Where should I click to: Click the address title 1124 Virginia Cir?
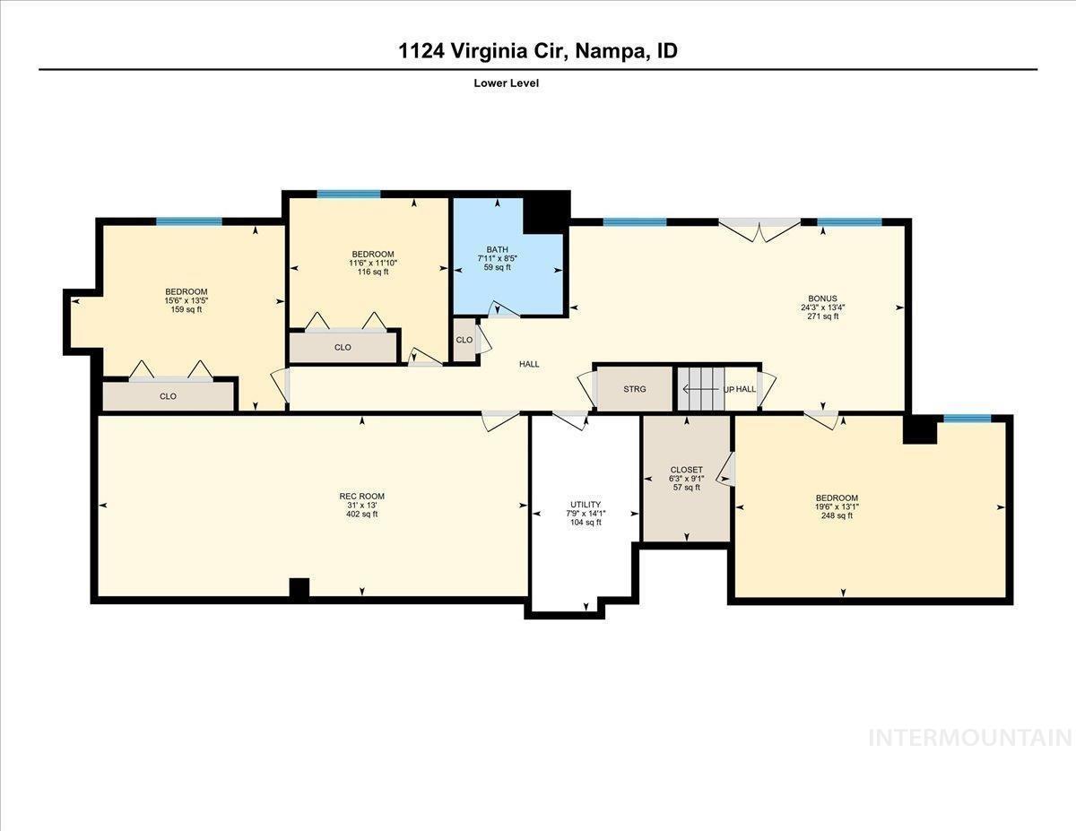[538, 51]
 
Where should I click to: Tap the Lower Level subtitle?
[506, 83]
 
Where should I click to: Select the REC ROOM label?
[361, 497]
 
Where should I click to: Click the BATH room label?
[497, 249]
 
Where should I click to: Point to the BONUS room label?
[821, 299]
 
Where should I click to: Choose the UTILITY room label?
[586, 505]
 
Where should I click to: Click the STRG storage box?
[635, 389]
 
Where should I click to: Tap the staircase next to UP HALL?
[699, 389]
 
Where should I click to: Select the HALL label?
[529, 364]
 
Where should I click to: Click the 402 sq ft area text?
[361, 515]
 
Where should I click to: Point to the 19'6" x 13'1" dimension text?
[836, 506]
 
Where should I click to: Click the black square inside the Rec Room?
[299, 588]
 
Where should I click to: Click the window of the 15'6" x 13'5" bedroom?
[189, 221]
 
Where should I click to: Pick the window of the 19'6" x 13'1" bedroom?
[967, 419]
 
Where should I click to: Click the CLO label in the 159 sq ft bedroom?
[168, 396]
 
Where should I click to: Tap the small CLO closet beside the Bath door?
[464, 341]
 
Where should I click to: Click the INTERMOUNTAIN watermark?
[970, 738]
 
